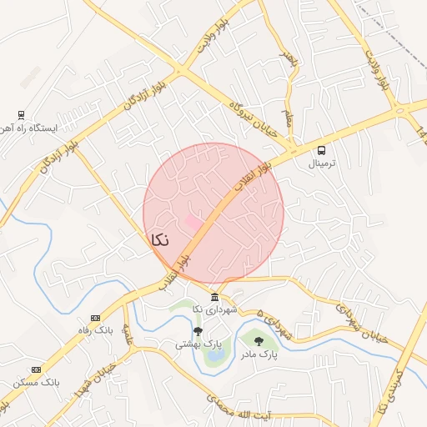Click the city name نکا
159,240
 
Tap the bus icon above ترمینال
322,150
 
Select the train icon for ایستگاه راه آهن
21,115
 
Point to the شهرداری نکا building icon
215,298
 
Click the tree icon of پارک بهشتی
198,331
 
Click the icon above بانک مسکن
36,369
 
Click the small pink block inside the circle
193,224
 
